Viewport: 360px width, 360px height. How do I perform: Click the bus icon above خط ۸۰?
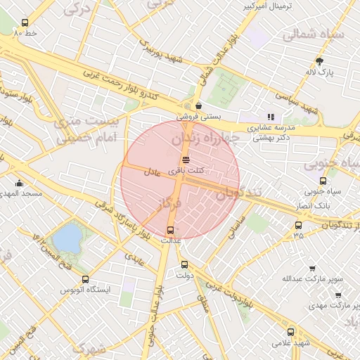[x=27, y=22]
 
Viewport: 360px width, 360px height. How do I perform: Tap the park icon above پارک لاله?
[x=320, y=61]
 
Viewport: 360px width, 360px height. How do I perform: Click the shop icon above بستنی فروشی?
[x=198, y=105]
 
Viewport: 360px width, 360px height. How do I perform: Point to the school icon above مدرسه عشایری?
[x=271, y=117]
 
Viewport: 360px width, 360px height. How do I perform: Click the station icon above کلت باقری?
[x=186, y=159]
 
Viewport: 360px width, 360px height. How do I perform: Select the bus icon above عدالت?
[x=170, y=229]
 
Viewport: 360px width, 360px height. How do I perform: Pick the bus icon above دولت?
[x=184, y=265]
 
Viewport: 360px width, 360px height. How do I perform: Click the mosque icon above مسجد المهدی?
[x=19, y=184]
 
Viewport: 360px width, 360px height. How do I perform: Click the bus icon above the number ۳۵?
[x=299, y=226]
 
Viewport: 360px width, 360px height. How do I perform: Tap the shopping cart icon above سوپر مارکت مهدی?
[x=338, y=295]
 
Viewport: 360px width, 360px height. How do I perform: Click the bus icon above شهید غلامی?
[x=290, y=332]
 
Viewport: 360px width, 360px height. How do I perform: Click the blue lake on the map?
[x=67, y=237]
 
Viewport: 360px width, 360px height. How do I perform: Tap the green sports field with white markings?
[x=227, y=89]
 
